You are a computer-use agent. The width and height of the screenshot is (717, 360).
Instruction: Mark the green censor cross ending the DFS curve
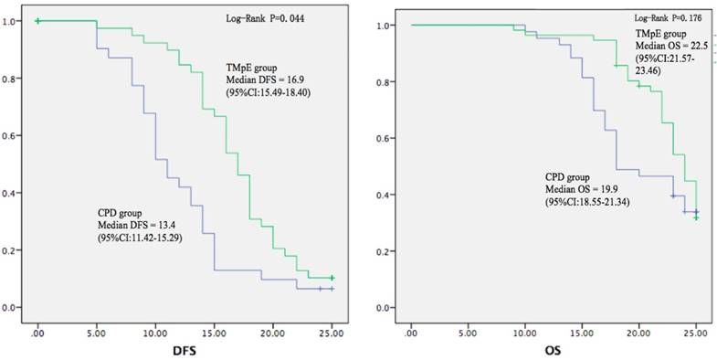332,278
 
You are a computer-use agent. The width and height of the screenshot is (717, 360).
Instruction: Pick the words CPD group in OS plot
541,177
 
